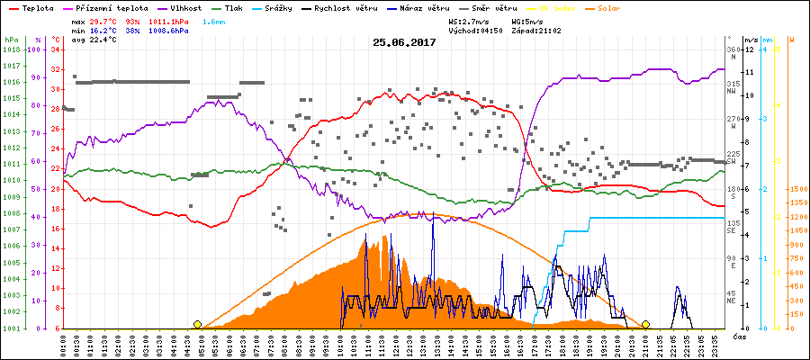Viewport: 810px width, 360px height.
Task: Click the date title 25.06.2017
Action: (x=405, y=42)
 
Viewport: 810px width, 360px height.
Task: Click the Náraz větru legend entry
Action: (x=425, y=7)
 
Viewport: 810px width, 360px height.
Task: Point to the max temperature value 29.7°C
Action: (x=103, y=20)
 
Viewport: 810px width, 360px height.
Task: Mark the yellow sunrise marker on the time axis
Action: (x=197, y=324)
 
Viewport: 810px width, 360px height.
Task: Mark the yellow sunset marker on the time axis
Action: (x=645, y=324)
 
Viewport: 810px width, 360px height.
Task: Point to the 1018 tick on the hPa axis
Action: (x=10, y=49)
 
